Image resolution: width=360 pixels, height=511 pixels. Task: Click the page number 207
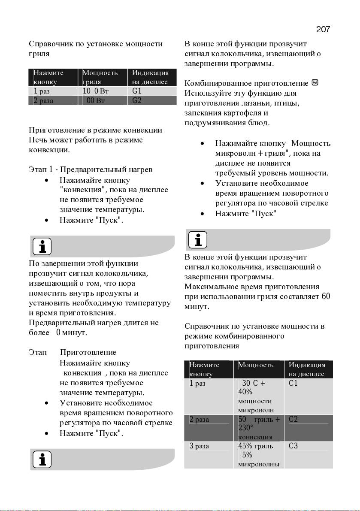323,29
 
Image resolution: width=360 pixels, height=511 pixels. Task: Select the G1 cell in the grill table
137,91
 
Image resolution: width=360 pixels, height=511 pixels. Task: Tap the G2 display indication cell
137,101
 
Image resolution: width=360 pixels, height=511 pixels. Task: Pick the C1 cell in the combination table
293,383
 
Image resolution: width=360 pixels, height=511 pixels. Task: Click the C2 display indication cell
293,419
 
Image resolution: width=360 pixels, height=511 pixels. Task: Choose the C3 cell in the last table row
293,446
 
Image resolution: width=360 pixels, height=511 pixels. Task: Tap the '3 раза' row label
200,446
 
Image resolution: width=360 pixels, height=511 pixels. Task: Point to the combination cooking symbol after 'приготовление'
315,83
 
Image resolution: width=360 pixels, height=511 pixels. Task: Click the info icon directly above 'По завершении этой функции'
42,246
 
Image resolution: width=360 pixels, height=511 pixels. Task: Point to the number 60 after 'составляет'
326,296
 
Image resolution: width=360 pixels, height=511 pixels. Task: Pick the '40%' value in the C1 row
245,392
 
